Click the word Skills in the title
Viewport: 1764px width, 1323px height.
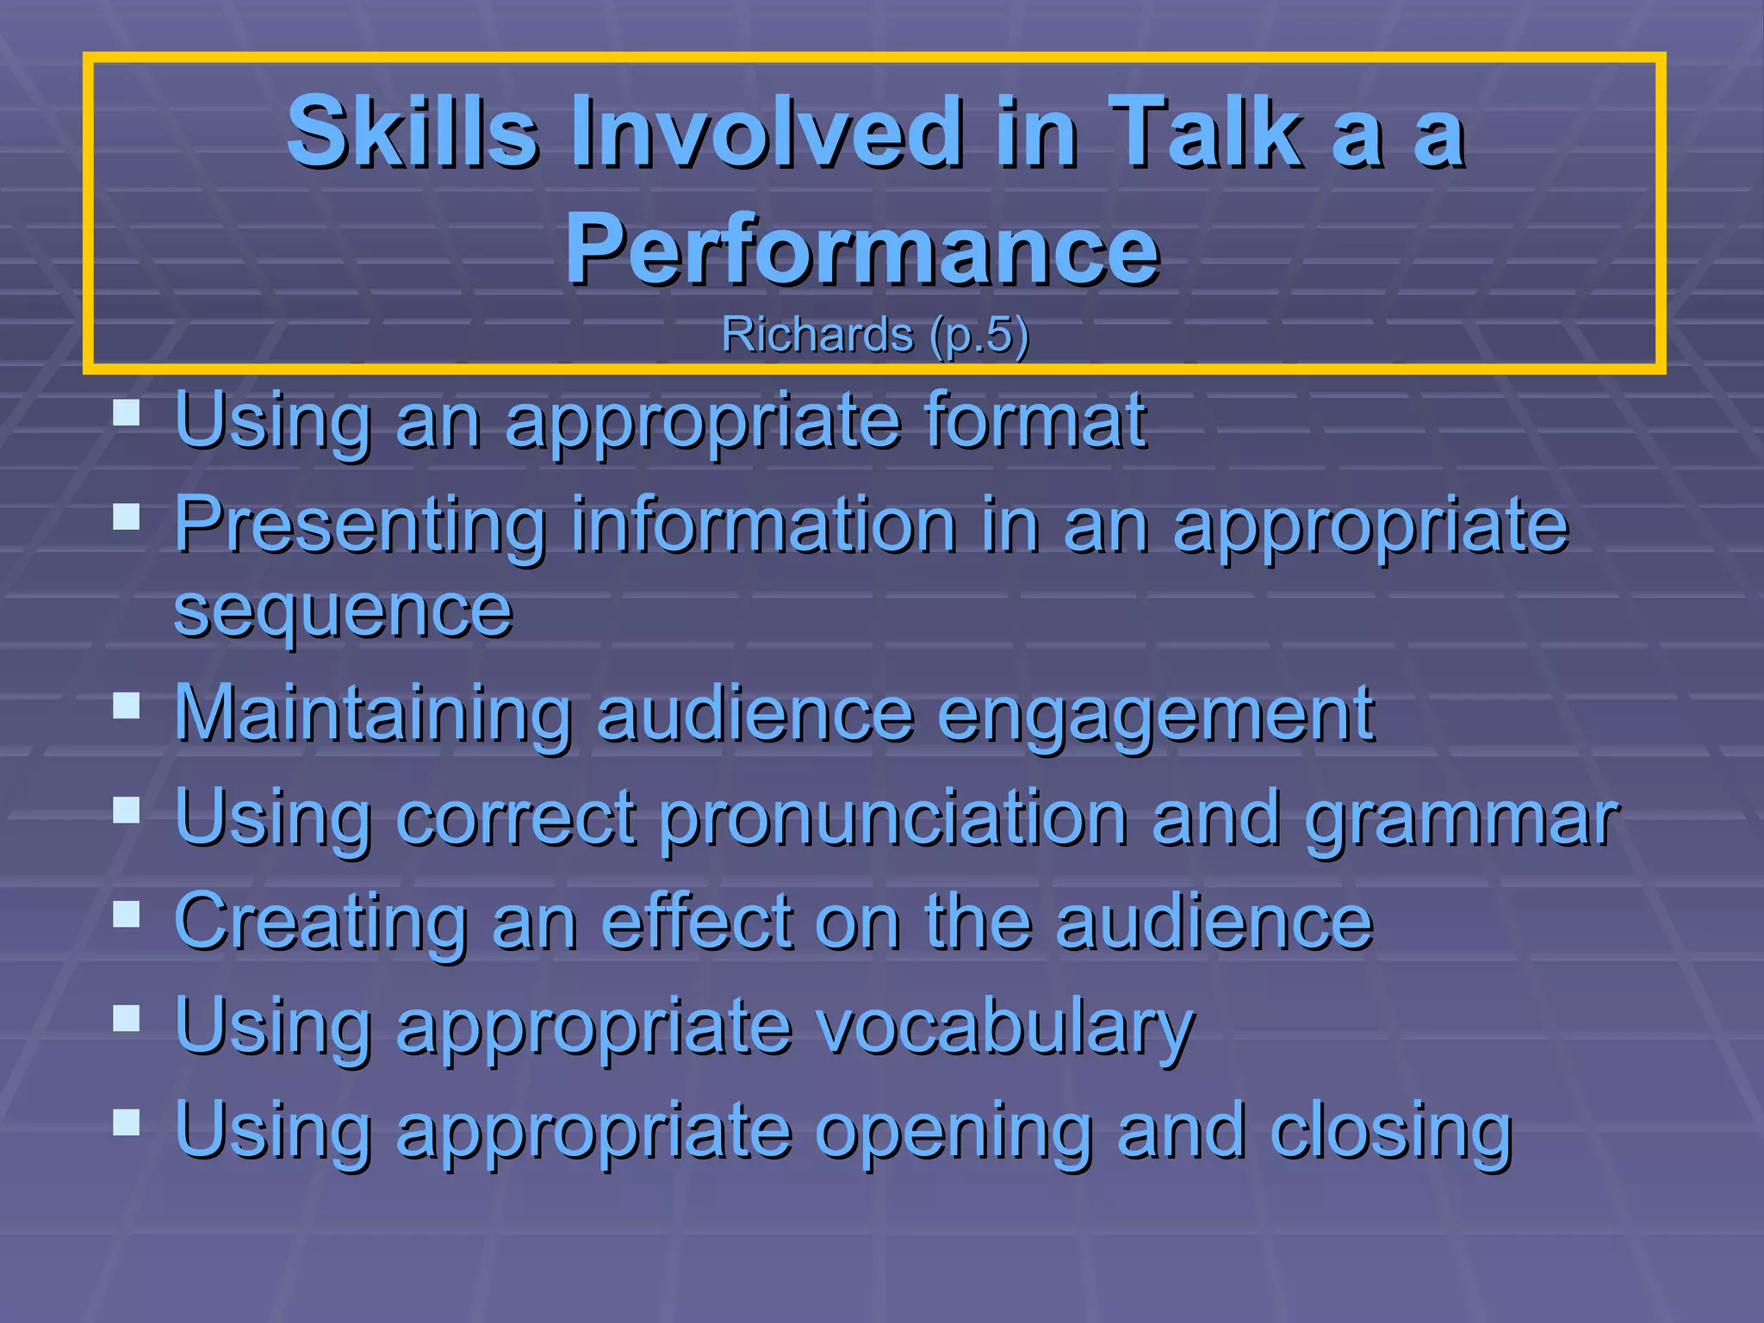coord(413,132)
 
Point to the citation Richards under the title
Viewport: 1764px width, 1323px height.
coord(817,334)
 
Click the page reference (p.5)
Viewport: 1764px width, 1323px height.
coord(979,335)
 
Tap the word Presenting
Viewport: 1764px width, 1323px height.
coord(360,525)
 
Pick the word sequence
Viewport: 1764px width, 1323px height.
coord(343,612)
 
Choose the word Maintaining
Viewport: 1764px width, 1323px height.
coord(373,713)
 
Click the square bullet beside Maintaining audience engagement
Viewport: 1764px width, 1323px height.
coord(127,706)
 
